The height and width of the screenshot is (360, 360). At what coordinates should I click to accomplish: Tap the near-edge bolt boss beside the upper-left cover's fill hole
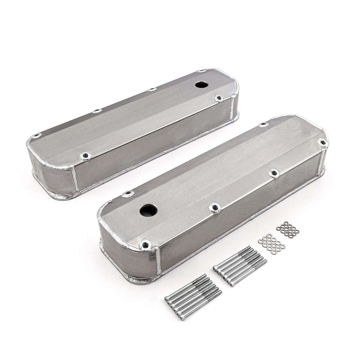217,98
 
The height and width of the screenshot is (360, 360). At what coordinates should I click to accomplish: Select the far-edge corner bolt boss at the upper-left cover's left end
37,135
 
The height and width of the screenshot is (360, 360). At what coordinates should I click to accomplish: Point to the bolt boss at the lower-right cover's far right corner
322,142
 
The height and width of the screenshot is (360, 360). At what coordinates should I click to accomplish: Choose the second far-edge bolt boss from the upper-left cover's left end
96,111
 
